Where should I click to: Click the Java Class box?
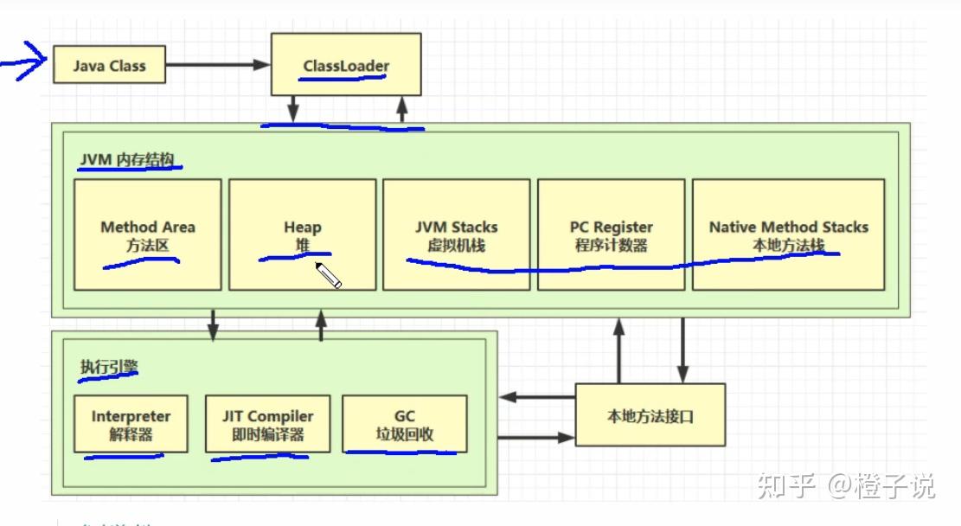coord(109,65)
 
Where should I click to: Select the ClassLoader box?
coord(346,65)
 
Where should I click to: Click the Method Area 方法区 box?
coord(148,234)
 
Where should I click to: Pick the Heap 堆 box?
coord(303,234)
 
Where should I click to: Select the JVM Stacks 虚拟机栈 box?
coord(456,234)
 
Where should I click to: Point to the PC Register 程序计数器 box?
coord(611,234)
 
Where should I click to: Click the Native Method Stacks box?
coord(788,234)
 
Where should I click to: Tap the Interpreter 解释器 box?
coord(131,424)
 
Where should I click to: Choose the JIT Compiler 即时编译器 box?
coord(267,424)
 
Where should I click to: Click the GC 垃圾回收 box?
coord(405,424)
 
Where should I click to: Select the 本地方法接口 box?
coord(650,416)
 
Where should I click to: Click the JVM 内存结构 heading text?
coord(129,159)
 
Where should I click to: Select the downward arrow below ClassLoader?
coord(293,110)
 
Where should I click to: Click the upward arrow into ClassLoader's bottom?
coord(401,110)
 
